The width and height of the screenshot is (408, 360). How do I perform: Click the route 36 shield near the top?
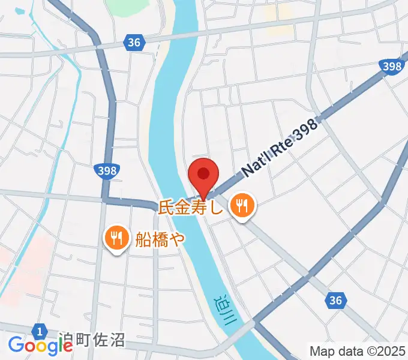click(135, 42)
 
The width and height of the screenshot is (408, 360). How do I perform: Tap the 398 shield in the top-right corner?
click(391, 67)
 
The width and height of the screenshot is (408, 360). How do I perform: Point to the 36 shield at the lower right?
click(337, 301)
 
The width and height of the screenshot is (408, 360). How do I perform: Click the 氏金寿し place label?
click(190, 208)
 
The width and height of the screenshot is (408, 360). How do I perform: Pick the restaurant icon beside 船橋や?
click(116, 239)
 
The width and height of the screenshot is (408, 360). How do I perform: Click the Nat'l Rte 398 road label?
click(279, 146)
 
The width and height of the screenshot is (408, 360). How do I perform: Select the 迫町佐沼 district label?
click(92, 341)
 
